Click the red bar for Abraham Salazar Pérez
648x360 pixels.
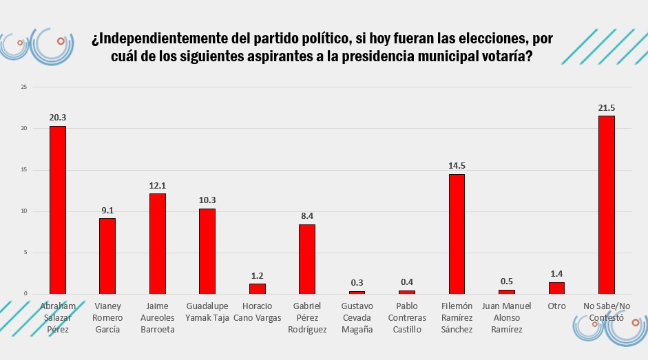tap(58, 210)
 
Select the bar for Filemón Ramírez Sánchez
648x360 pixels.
tap(457, 234)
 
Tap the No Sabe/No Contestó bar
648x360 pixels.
tap(606, 205)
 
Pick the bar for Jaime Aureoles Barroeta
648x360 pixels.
tap(157, 244)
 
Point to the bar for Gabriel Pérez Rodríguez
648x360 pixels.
tap(307, 259)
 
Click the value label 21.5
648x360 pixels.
tap(606, 108)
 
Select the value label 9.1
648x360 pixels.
tap(107, 211)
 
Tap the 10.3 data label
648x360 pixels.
tap(207, 200)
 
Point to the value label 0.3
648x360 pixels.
tap(357, 283)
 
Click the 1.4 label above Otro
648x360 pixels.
tap(556, 274)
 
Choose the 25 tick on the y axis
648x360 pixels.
tap(24, 87)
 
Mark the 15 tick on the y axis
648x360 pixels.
tap(24, 170)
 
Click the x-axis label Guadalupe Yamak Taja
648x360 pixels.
tap(207, 311)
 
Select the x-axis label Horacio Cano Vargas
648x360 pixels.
tap(257, 311)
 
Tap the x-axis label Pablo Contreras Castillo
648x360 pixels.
tap(406, 317)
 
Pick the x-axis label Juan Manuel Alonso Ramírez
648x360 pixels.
tap(507, 317)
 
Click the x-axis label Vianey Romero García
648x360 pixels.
tap(107, 317)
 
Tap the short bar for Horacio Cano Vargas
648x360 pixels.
tap(257, 289)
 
